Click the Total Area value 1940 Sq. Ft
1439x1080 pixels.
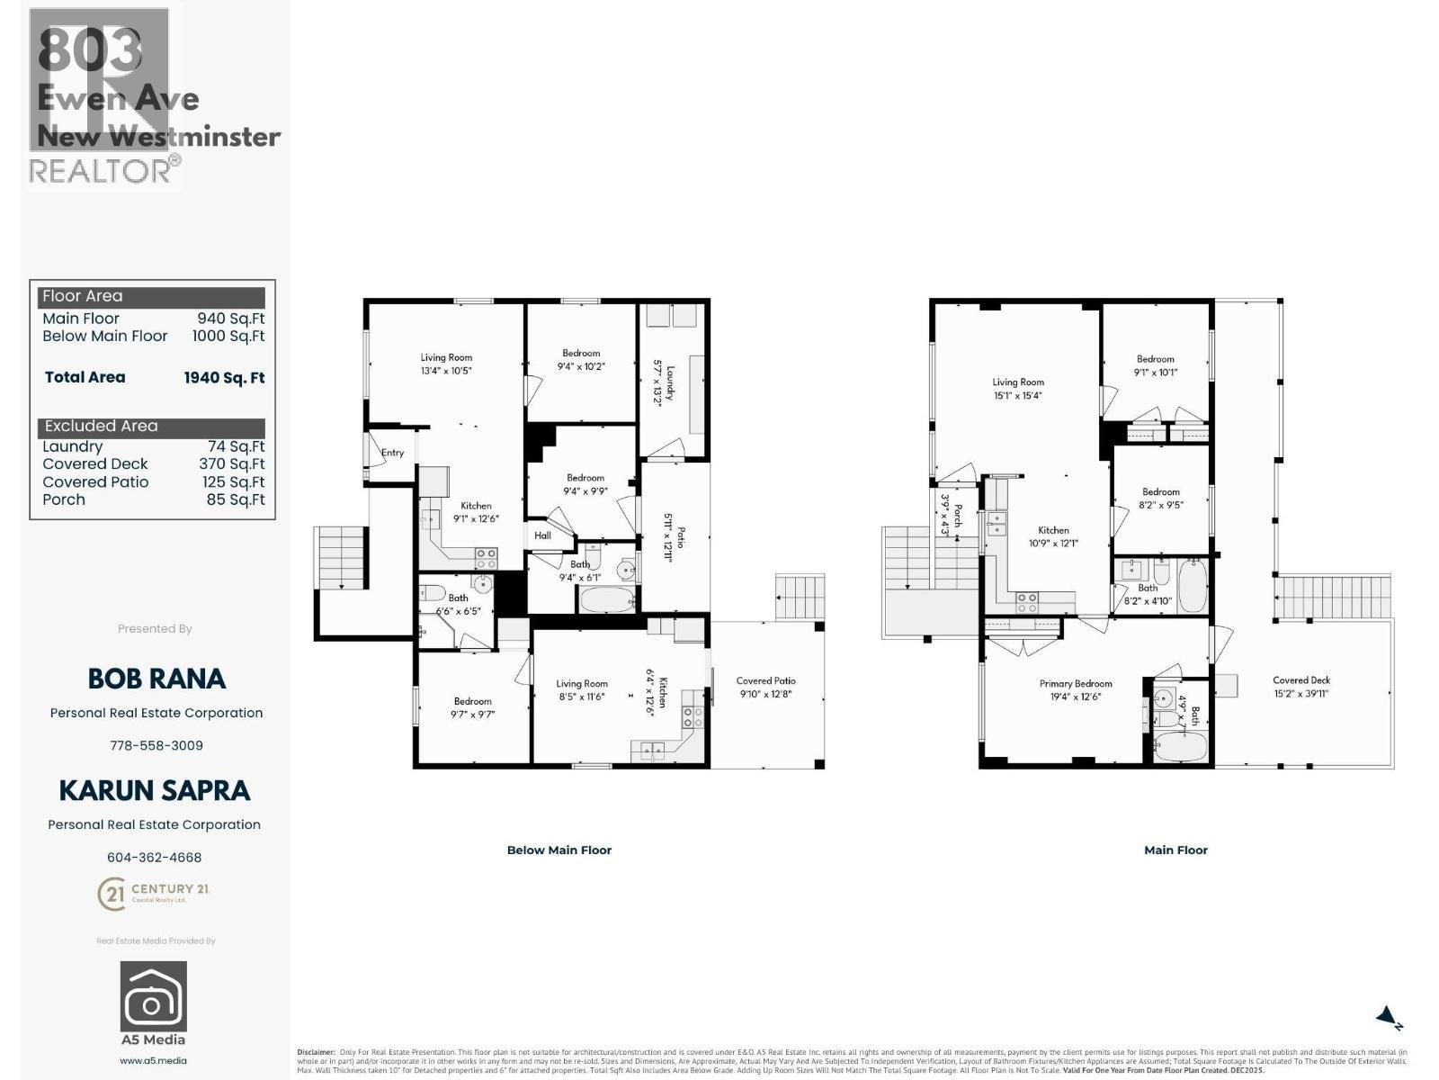click(224, 378)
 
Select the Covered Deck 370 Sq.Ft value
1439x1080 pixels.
click(231, 464)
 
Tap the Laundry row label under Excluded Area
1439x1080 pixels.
click(73, 446)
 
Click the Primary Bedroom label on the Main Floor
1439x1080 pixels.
click(1076, 689)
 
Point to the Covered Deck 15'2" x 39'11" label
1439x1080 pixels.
click(1300, 687)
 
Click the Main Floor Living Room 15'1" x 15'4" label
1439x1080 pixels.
click(1018, 389)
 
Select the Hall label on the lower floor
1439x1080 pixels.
click(542, 535)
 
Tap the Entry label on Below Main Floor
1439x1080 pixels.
click(392, 453)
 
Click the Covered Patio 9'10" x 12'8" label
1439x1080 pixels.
click(765, 687)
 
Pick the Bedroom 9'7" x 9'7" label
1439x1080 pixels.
click(472, 707)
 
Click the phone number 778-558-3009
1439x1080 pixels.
click(156, 745)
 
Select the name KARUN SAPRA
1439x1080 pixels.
click(154, 790)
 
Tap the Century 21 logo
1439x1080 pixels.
click(153, 894)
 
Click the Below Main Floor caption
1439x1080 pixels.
click(559, 850)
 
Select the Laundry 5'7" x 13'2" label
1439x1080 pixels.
click(663, 383)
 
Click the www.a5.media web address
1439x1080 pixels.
click(154, 1060)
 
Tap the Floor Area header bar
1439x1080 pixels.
click(152, 296)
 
